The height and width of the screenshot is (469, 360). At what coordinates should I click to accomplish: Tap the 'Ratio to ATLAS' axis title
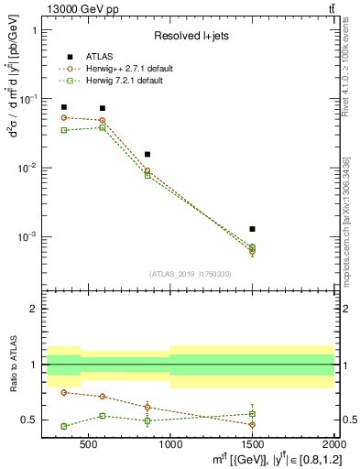point(12,365)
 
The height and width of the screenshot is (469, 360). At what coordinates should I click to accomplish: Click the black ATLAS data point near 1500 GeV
point(252,229)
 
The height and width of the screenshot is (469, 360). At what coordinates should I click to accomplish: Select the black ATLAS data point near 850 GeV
point(147,154)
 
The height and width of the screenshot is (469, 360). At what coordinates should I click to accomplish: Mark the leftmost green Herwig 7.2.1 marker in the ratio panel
point(63,426)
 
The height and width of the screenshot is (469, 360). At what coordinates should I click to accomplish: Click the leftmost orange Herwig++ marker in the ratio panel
point(63,392)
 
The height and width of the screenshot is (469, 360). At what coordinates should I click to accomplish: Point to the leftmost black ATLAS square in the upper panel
point(63,107)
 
